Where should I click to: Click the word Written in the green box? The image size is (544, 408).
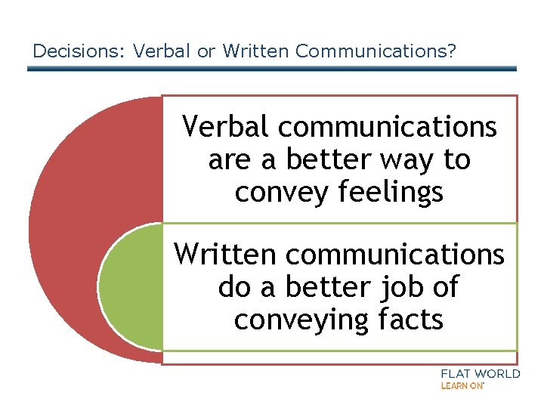[x=226, y=254]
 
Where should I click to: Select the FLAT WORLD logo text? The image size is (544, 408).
[x=480, y=374]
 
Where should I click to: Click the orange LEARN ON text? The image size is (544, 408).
[x=461, y=386]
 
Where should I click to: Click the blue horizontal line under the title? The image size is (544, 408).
[x=272, y=69]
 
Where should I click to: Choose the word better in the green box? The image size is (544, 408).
[x=329, y=287]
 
